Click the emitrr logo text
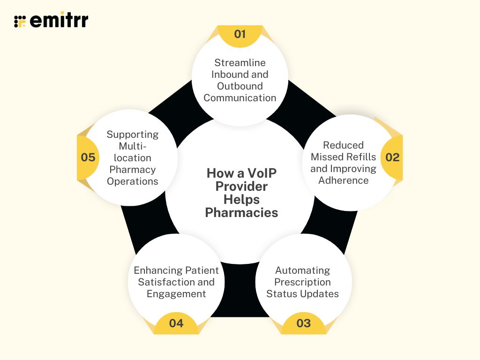point(59,20)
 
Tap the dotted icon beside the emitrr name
point(20,21)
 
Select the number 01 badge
point(240,34)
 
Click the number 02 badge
point(392,157)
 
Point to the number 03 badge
point(304,323)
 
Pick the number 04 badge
point(176,323)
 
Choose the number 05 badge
point(88,157)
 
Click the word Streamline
point(240,63)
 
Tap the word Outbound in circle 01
point(240,86)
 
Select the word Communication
point(240,98)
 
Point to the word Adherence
point(344,180)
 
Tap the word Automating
point(303,270)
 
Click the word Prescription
point(303,282)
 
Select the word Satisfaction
point(176,282)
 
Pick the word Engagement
point(176,294)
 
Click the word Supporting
point(133,135)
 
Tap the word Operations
point(133,181)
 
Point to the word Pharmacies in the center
point(242,213)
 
